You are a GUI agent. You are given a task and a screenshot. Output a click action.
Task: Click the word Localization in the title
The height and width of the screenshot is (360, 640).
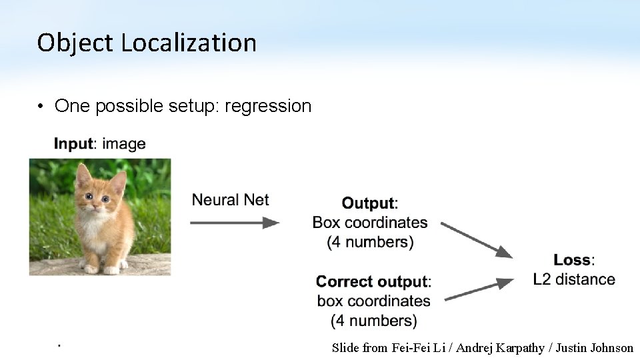[189, 43]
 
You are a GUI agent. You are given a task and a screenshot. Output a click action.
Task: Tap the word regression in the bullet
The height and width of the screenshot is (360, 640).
[268, 106]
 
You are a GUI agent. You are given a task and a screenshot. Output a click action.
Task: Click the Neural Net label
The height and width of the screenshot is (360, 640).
[231, 199]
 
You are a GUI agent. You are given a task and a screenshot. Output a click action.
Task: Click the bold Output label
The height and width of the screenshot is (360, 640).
[369, 203]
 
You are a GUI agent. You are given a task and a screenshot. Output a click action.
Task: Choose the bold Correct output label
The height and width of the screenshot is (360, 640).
[373, 281]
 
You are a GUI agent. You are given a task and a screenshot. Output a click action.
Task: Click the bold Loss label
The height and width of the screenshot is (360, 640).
[573, 260]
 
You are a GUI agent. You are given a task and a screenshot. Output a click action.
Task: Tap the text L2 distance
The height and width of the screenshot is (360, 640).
[574, 279]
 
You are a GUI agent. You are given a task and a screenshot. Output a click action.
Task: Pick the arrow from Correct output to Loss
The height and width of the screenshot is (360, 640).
[478, 290]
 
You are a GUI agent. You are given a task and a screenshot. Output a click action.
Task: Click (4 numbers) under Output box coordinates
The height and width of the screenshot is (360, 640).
[370, 242]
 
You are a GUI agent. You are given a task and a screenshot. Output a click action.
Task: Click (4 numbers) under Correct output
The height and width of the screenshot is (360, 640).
[373, 321]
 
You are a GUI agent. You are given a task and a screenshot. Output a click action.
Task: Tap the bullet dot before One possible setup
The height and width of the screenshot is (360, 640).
[41, 107]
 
